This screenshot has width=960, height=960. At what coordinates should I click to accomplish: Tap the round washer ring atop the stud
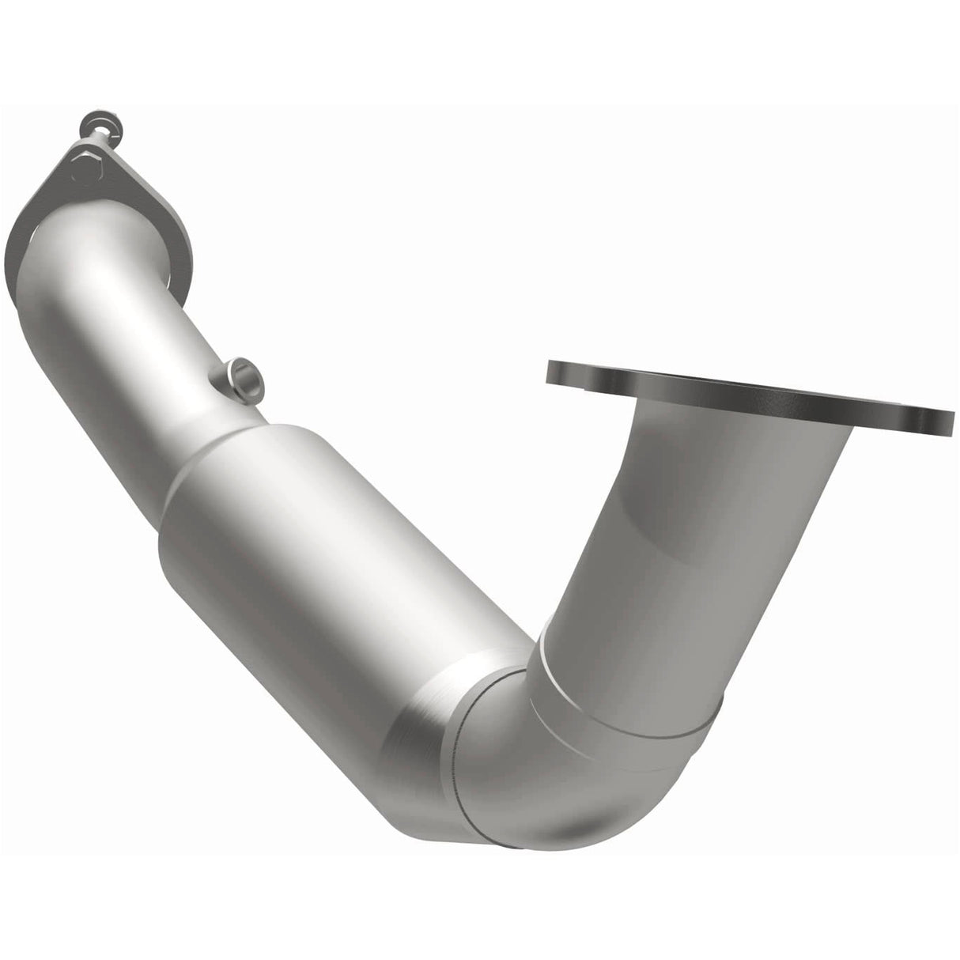tap(100, 126)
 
